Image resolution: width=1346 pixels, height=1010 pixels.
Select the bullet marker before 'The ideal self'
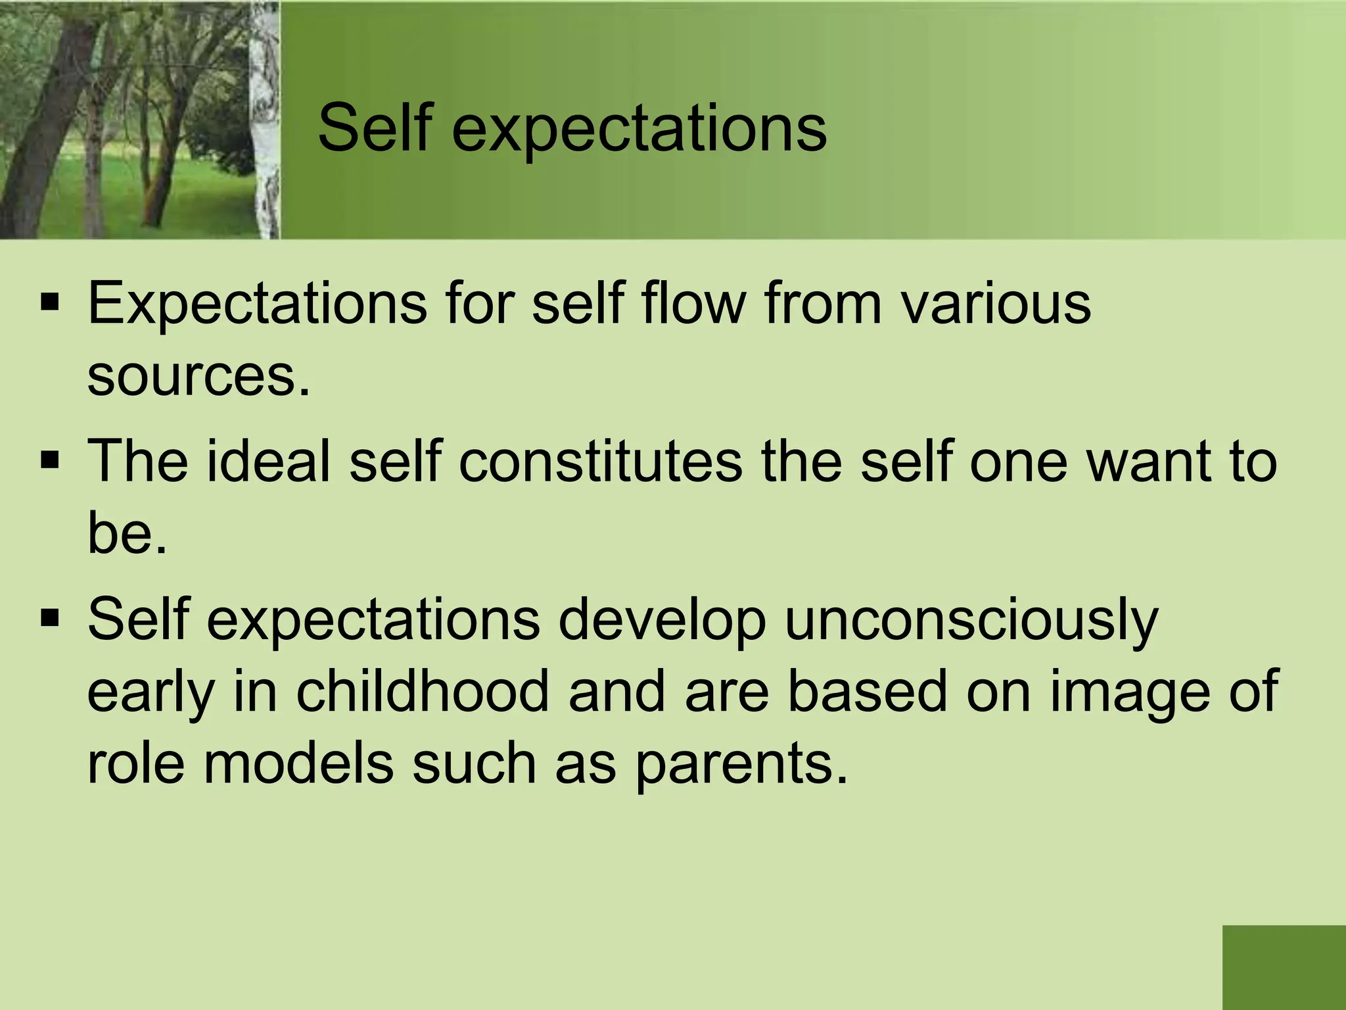(50, 461)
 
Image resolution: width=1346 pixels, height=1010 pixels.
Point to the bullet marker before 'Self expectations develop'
(50, 619)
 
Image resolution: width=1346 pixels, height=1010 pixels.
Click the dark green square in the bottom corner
(1284, 967)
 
